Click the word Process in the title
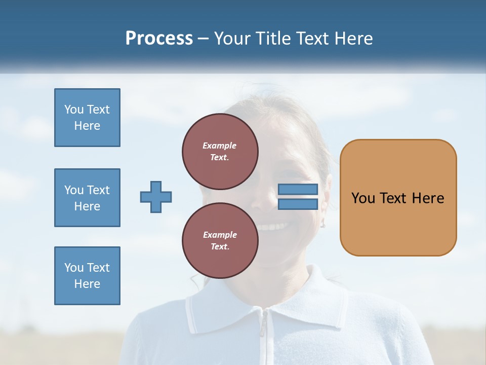(159, 39)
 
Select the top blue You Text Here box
(87, 118)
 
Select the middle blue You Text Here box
(87, 198)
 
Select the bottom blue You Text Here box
(87, 276)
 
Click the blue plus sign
(155, 197)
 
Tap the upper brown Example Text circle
(220, 152)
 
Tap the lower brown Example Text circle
(220, 241)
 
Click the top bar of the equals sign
(298, 190)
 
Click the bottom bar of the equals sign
(298, 204)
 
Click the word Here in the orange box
(428, 198)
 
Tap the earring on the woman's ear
(322, 223)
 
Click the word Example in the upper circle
(220, 145)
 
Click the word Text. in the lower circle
(220, 247)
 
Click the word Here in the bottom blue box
(87, 284)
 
